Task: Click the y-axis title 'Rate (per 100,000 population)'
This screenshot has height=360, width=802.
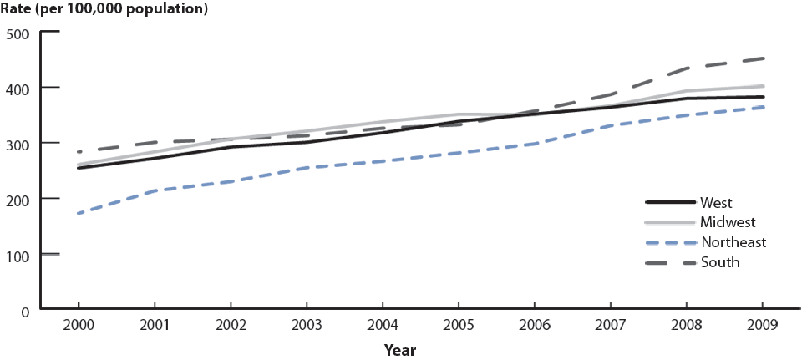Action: [104, 10]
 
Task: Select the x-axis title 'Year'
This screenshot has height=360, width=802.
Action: [401, 350]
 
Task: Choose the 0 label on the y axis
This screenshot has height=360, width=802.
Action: [26, 310]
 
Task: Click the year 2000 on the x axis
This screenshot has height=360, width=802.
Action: [78, 326]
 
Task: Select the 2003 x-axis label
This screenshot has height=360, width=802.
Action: [306, 326]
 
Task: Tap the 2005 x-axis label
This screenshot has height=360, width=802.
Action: [458, 326]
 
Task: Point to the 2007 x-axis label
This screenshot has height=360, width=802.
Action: [610, 326]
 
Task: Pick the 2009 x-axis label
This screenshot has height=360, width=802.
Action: [762, 326]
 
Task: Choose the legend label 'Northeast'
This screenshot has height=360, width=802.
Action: [733, 242]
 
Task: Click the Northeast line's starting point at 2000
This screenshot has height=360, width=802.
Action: [78, 214]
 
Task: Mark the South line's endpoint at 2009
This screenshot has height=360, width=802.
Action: [762, 58]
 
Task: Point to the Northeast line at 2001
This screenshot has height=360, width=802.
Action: [154, 191]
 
